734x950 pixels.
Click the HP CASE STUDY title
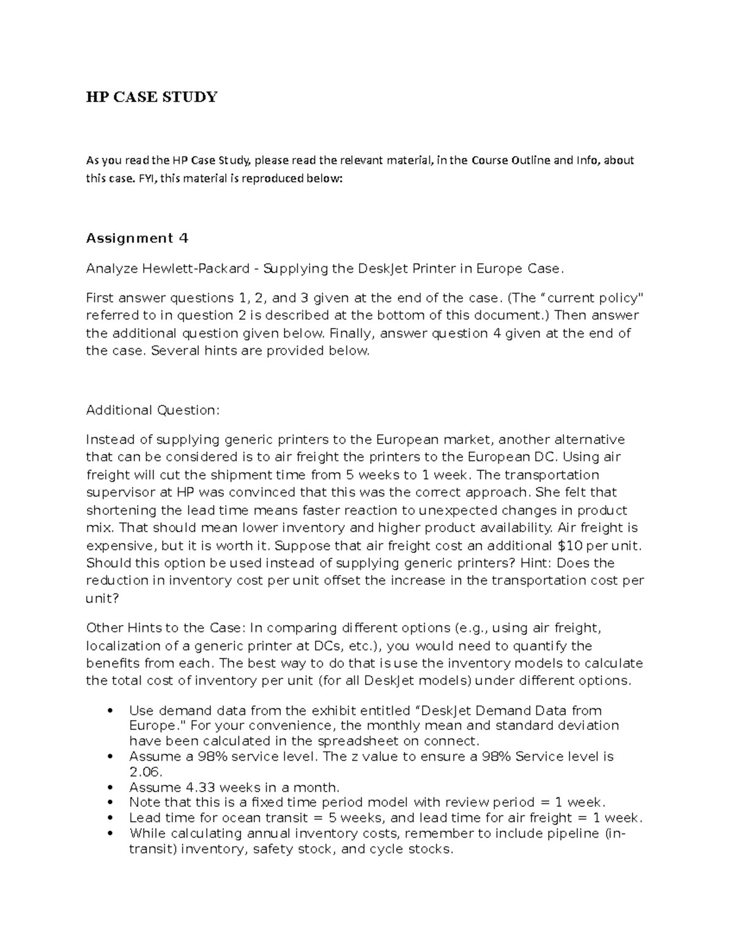point(152,97)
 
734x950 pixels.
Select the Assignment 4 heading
point(137,238)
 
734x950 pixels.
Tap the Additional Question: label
point(152,410)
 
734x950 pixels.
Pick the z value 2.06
point(146,772)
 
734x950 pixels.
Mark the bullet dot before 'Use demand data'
point(110,711)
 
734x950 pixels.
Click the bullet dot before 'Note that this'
point(110,803)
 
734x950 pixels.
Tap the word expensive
point(117,545)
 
